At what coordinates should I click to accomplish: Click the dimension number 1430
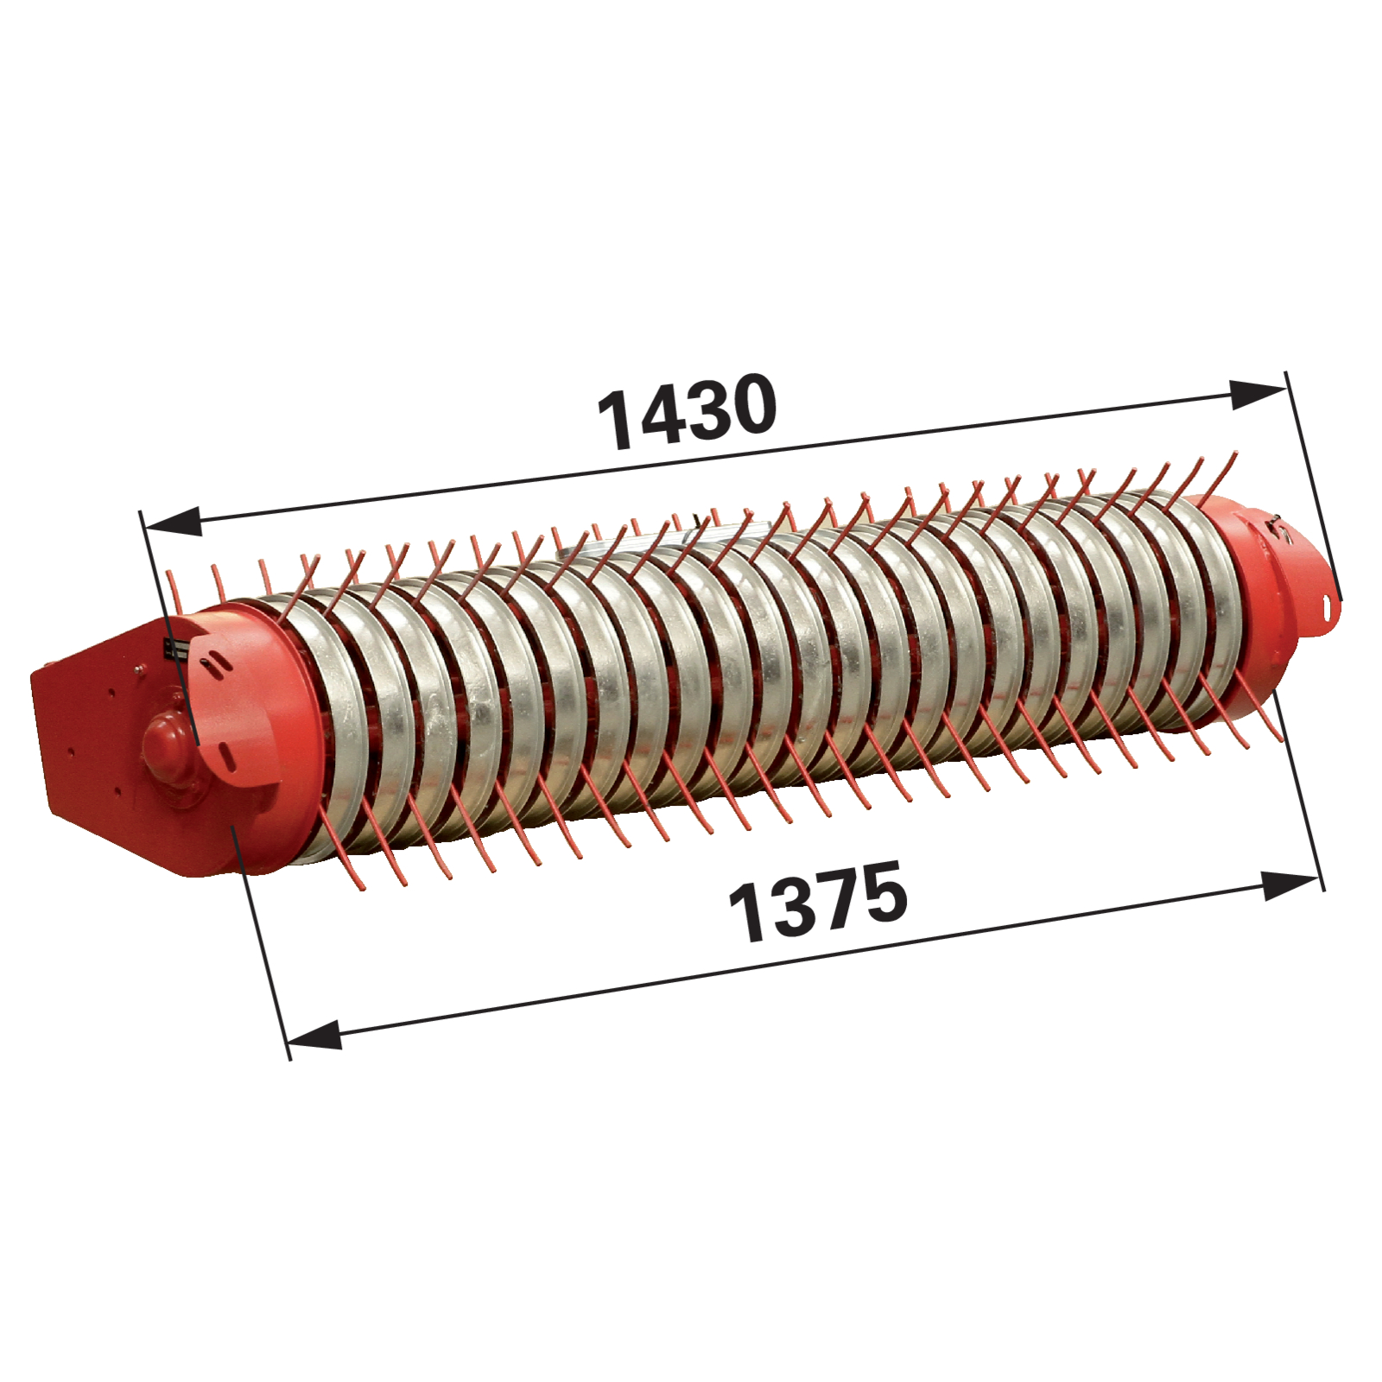click(x=688, y=411)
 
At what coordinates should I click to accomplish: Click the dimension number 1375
click(x=818, y=901)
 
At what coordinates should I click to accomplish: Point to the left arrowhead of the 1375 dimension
click(x=313, y=1034)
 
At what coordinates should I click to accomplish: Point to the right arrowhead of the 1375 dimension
click(x=1291, y=885)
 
